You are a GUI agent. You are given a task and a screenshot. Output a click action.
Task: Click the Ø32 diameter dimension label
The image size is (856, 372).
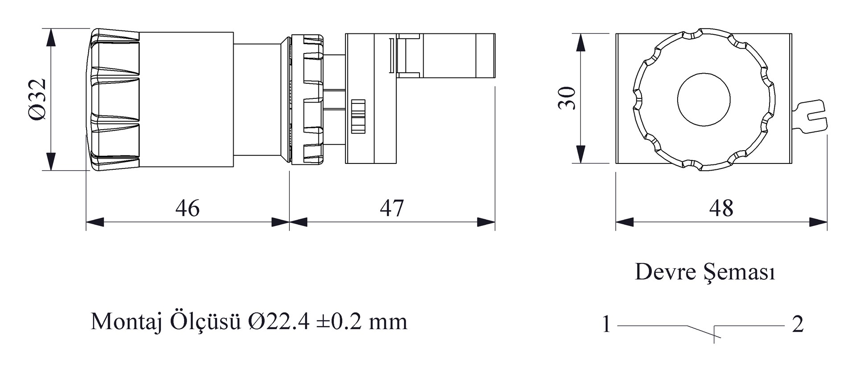[x=37, y=99]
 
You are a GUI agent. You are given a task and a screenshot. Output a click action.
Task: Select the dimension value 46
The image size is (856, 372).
[x=187, y=208]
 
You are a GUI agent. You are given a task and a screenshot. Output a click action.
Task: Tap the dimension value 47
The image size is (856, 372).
[x=392, y=208]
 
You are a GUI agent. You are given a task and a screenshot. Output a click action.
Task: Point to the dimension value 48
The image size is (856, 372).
[x=721, y=208]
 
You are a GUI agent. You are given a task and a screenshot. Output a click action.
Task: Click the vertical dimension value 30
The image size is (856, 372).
[x=567, y=98]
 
